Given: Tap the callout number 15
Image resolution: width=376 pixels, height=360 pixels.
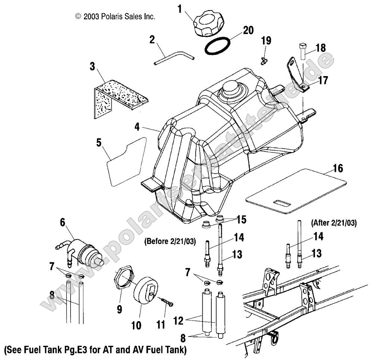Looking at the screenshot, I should pos(242,220).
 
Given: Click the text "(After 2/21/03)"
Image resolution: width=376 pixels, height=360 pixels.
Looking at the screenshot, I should pos(333,223).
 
